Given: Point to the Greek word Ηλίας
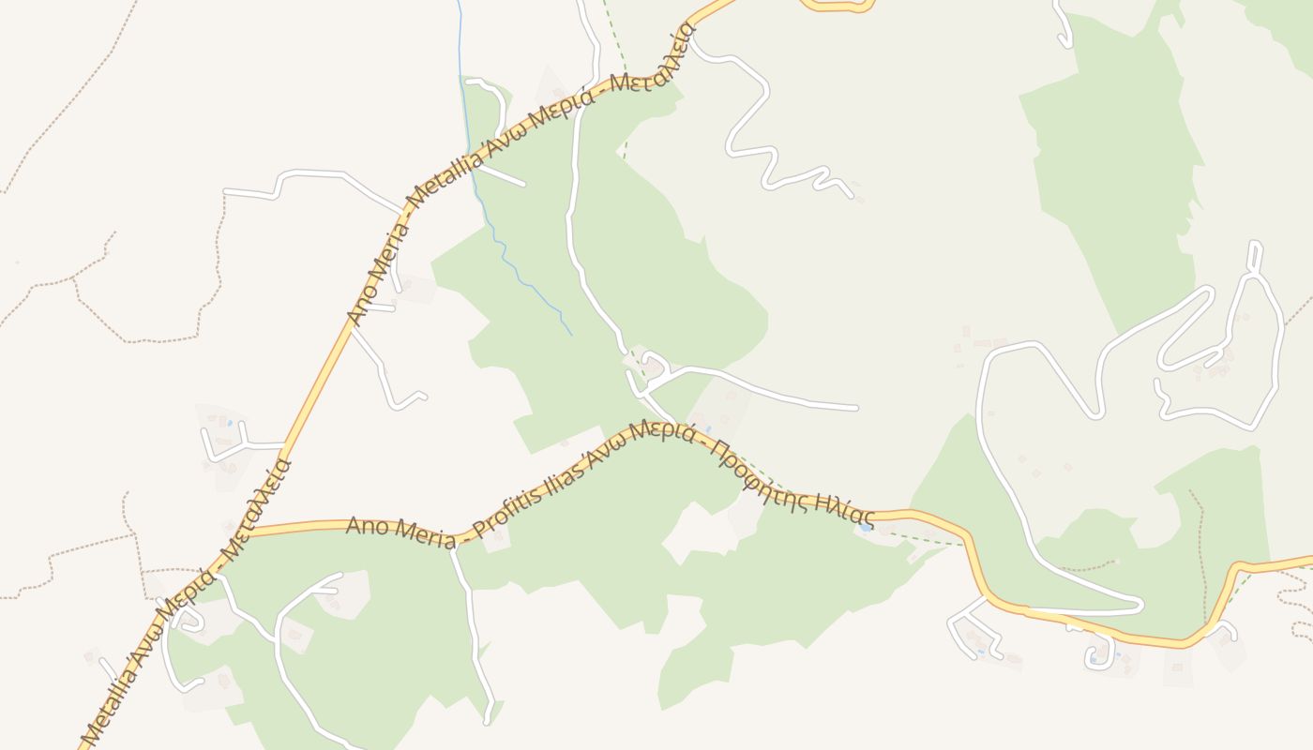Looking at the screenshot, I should click(843, 507).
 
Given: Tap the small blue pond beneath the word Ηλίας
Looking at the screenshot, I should click(864, 528).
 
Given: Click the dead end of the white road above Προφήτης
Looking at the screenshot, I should click(855, 408).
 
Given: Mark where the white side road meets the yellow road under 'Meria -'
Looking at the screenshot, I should click(452, 549).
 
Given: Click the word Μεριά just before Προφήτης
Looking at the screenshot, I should click(662, 433).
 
